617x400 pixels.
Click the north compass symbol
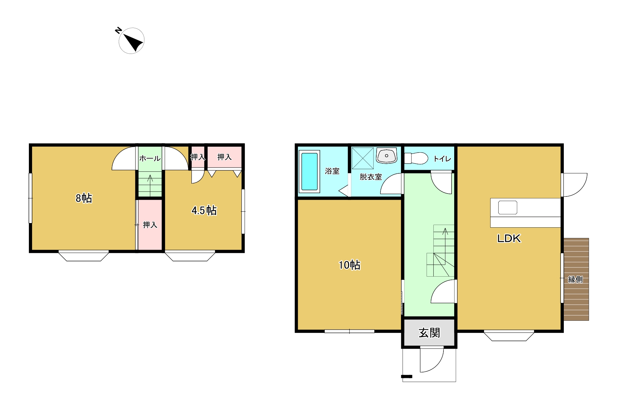tap(131, 41)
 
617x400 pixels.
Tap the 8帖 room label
tap(84, 198)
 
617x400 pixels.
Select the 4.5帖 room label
tap(204, 210)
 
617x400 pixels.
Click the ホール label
tap(150, 158)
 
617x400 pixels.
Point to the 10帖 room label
tap(349, 265)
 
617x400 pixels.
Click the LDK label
tap(509, 239)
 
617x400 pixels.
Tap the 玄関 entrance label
tap(429, 333)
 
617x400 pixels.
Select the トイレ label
tap(442, 159)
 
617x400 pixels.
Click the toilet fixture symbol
tap(416, 158)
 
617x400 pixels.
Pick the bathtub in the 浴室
tap(309, 171)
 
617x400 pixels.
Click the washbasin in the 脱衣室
tap(387, 156)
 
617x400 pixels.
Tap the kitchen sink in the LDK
tap(508, 207)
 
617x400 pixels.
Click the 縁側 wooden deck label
tap(575, 279)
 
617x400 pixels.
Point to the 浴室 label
tap(332, 171)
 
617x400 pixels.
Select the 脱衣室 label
tap(371, 177)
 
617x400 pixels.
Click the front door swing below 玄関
tap(432, 360)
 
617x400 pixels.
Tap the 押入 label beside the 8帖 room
tap(150, 225)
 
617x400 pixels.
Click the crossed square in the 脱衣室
tap(363, 158)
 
